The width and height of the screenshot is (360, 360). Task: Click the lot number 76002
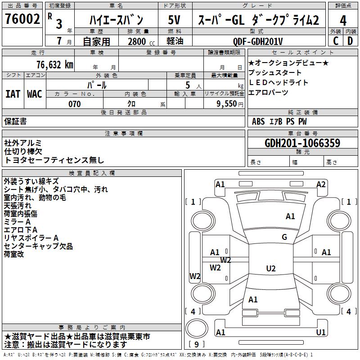[x=22, y=19]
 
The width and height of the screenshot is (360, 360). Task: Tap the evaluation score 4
[x=343, y=20]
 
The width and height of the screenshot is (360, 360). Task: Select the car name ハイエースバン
[x=116, y=20]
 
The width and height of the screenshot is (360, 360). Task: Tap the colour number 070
[x=75, y=104]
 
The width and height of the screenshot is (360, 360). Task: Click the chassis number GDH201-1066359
[x=302, y=143]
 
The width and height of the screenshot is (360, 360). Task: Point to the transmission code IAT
[x=13, y=94]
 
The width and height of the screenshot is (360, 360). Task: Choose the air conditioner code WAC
[x=35, y=94]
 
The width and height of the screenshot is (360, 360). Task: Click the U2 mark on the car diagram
[x=270, y=269]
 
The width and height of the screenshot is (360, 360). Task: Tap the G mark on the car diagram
[x=284, y=237]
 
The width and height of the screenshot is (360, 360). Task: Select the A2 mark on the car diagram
[x=321, y=184]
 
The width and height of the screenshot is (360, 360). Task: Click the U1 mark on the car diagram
[x=321, y=333]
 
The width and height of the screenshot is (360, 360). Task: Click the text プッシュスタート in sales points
[x=275, y=72]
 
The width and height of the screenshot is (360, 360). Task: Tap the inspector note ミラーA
[x=17, y=222]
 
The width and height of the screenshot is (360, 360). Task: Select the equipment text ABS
[x=258, y=121]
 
